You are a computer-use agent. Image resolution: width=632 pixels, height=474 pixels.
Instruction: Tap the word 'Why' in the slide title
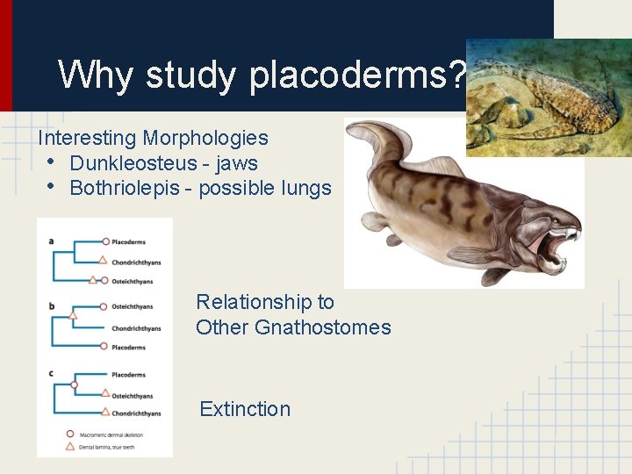(97, 75)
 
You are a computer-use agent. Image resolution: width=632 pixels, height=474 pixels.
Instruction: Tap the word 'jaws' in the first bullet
(238, 163)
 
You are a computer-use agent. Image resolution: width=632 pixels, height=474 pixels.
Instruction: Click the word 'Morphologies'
(205, 138)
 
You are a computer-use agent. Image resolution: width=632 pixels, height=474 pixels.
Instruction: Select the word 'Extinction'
(245, 409)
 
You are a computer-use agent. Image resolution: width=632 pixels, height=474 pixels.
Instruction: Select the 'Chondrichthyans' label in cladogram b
(136, 328)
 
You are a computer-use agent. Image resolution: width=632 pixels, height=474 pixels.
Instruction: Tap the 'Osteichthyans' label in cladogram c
(132, 396)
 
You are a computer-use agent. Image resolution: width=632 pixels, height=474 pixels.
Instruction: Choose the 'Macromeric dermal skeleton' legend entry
(110, 434)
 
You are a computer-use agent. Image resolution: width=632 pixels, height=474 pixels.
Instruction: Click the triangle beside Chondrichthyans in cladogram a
(103, 260)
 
